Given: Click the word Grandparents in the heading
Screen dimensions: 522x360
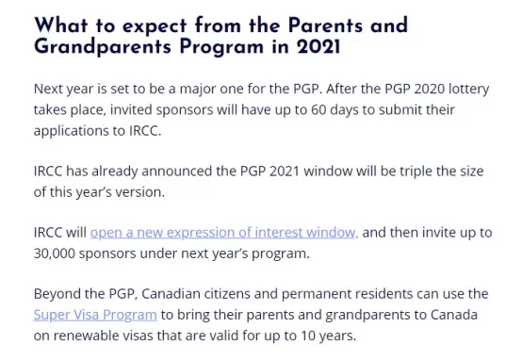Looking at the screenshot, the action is tap(103, 46).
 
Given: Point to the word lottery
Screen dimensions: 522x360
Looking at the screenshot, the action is tap(469, 90).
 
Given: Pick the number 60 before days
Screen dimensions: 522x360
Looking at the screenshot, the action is tap(318, 110).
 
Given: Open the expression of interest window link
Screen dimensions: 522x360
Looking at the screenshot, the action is tap(224, 233).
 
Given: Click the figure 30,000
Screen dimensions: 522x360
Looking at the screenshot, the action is tap(55, 254).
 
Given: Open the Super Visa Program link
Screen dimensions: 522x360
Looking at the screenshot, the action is tap(95, 315).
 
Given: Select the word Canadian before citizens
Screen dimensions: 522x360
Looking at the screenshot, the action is tap(171, 294).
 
